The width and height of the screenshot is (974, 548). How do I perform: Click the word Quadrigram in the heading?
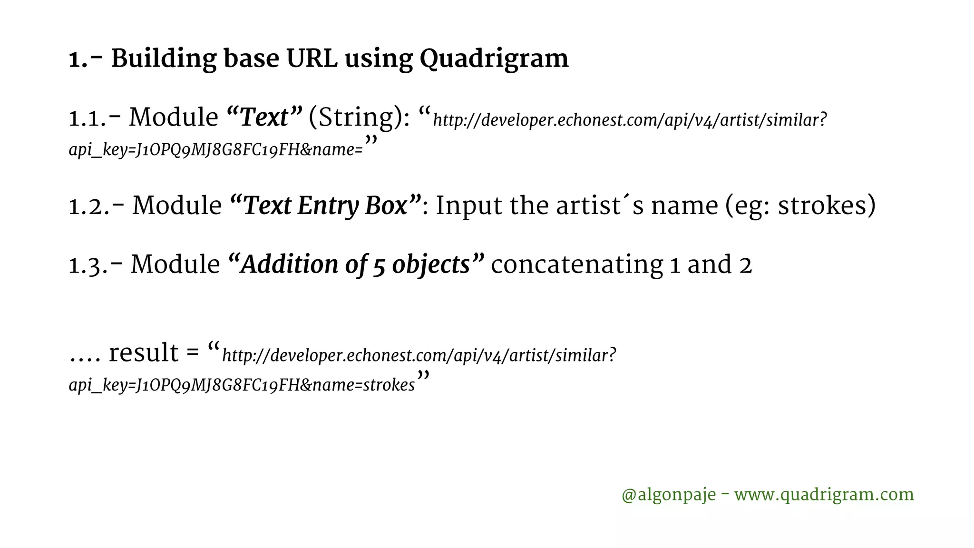[x=494, y=59]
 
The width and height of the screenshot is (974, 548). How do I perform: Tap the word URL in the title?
[x=312, y=59]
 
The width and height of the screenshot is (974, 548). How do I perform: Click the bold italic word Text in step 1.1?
[x=264, y=117]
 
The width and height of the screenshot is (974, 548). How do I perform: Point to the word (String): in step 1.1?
[x=359, y=117]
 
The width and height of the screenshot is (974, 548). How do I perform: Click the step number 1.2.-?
[x=97, y=206]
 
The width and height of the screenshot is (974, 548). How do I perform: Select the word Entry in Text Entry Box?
[x=327, y=206]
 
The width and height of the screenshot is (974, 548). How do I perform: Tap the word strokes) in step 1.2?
[x=827, y=206]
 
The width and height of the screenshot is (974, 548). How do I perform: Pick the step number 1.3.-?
[x=96, y=265]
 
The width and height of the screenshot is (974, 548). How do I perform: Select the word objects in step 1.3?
[x=431, y=264]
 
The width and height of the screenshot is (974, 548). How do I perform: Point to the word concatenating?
[x=576, y=264]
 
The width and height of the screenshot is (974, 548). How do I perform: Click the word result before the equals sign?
[x=144, y=353]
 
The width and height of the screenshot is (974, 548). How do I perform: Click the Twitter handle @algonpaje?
[x=668, y=495]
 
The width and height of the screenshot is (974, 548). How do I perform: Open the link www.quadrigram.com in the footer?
[x=824, y=495]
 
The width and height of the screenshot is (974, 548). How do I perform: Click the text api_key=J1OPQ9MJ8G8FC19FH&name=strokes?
[x=242, y=385]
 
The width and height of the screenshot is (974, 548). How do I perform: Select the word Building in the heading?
[x=163, y=59]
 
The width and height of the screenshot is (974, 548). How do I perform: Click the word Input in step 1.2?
[x=468, y=206]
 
